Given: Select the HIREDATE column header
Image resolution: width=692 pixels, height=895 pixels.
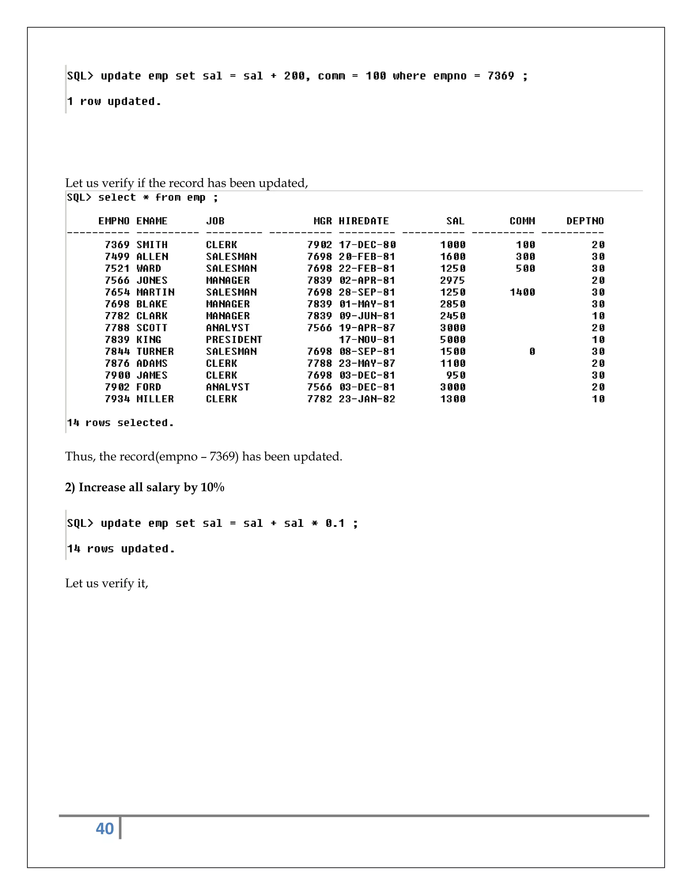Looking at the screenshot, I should pyautogui.click(x=363, y=221).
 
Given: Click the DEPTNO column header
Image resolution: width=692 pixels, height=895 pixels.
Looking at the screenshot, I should pyautogui.click(x=585, y=221).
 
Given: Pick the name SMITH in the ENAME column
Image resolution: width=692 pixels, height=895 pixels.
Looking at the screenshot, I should pyautogui.click(x=152, y=245).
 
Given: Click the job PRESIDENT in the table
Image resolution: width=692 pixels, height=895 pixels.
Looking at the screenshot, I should pyautogui.click(x=234, y=340).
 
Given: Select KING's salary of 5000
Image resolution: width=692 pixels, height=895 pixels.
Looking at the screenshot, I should pyautogui.click(x=452, y=340).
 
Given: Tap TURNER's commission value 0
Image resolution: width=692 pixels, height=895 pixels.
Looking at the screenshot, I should pyautogui.click(x=532, y=352).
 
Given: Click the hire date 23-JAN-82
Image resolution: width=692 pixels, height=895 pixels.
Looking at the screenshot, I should pyautogui.click(x=367, y=399).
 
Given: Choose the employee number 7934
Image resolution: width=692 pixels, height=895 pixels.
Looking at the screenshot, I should pyautogui.click(x=117, y=399).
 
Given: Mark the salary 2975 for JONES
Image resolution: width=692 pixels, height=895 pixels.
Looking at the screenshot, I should pyautogui.click(x=452, y=281).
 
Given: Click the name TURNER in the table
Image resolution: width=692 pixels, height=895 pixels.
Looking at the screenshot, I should pyautogui.click(x=155, y=352).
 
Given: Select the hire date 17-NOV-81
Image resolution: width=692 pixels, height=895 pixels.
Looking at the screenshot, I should pyautogui.click(x=367, y=340).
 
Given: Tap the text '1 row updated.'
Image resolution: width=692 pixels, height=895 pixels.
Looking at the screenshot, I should pyautogui.click(x=114, y=101).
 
